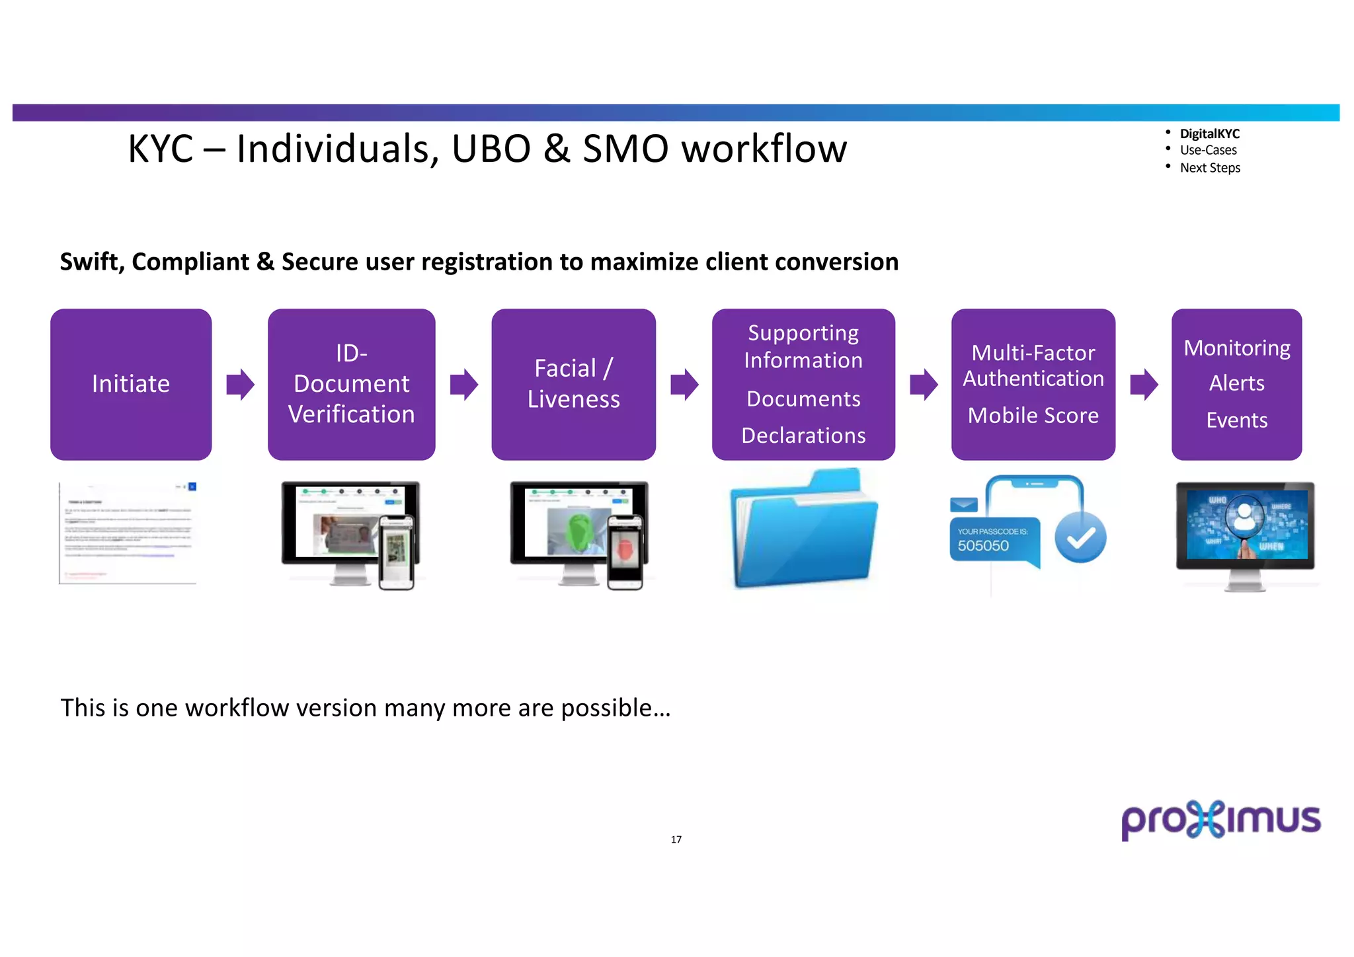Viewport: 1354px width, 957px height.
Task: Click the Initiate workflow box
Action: (x=131, y=384)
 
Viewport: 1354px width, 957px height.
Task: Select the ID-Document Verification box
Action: (x=351, y=384)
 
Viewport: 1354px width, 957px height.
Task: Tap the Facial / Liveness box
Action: (x=573, y=384)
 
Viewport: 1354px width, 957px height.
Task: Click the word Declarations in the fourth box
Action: (x=803, y=436)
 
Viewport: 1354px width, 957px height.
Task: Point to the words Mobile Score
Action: (x=1033, y=415)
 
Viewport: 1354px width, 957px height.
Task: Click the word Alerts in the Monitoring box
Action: (x=1236, y=383)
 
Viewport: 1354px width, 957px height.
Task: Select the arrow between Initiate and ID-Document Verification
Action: (x=240, y=384)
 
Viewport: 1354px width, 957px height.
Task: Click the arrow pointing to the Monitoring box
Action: (x=1144, y=384)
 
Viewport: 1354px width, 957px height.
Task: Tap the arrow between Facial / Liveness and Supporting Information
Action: (x=684, y=384)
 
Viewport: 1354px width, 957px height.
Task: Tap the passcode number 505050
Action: (x=983, y=546)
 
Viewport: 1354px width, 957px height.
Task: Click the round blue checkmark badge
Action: (x=1080, y=538)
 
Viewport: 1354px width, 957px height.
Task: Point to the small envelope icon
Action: (x=963, y=505)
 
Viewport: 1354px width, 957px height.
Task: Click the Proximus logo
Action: (x=1220, y=820)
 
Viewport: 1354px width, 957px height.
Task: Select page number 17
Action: (x=676, y=839)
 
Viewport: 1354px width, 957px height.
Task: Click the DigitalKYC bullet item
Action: (x=1209, y=134)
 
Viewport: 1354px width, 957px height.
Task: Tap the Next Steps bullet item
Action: (x=1210, y=168)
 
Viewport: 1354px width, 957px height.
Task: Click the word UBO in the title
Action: (x=491, y=149)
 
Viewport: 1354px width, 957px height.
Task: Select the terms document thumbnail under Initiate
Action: (x=128, y=533)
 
